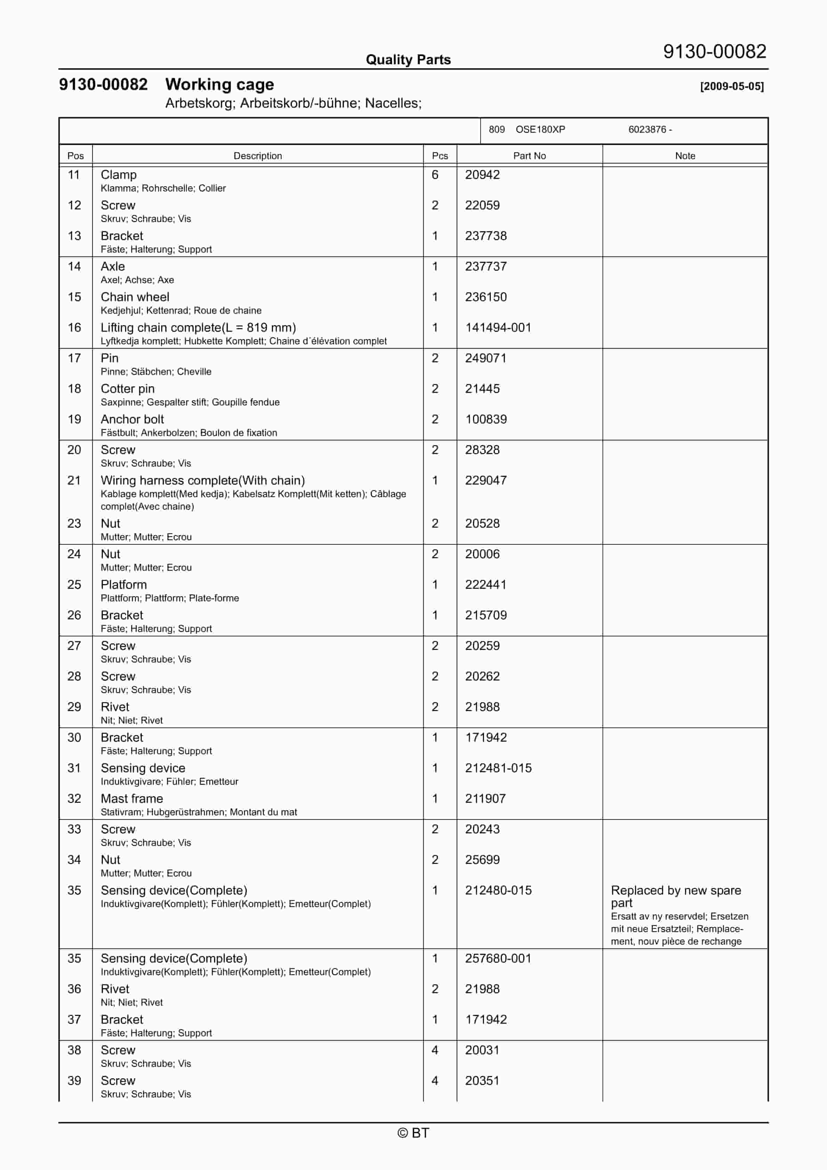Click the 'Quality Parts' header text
coord(408,60)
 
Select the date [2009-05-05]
coord(732,86)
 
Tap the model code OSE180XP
coord(540,130)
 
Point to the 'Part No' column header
coord(529,156)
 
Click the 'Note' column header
coord(685,156)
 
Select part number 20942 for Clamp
coord(482,175)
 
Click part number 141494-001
coord(498,328)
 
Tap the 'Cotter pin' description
coord(128,389)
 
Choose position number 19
coord(74,419)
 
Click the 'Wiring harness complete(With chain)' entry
coord(203,480)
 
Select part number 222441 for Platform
coord(485,585)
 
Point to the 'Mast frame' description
coord(132,799)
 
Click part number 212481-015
coord(498,768)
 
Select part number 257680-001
coord(498,958)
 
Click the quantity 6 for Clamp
coord(435,175)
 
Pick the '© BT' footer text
coord(413,1133)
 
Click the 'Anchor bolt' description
coord(132,419)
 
